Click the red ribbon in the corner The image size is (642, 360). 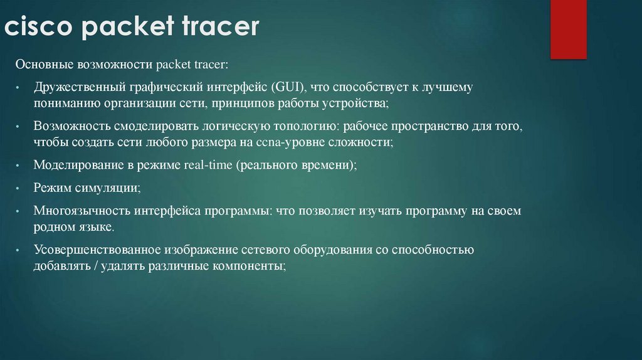(568, 29)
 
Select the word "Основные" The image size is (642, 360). (43, 65)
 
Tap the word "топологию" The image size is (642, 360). (297, 126)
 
